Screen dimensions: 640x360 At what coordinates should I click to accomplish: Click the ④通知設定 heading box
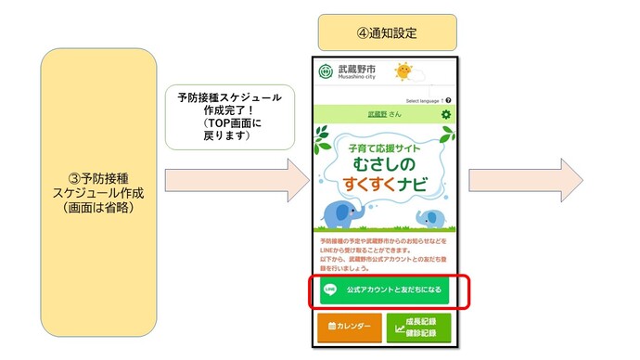click(387, 32)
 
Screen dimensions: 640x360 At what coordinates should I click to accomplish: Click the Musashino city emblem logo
click(326, 72)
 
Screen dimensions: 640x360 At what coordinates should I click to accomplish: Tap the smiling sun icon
click(403, 71)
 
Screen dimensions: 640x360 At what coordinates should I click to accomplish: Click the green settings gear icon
click(446, 114)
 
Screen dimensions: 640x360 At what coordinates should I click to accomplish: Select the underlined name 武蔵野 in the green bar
click(376, 114)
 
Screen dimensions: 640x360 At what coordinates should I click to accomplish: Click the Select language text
click(424, 99)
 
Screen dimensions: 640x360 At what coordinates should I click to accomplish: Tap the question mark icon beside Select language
click(448, 99)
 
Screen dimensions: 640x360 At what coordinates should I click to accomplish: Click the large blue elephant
click(347, 215)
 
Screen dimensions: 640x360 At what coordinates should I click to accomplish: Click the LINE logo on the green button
click(329, 289)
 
